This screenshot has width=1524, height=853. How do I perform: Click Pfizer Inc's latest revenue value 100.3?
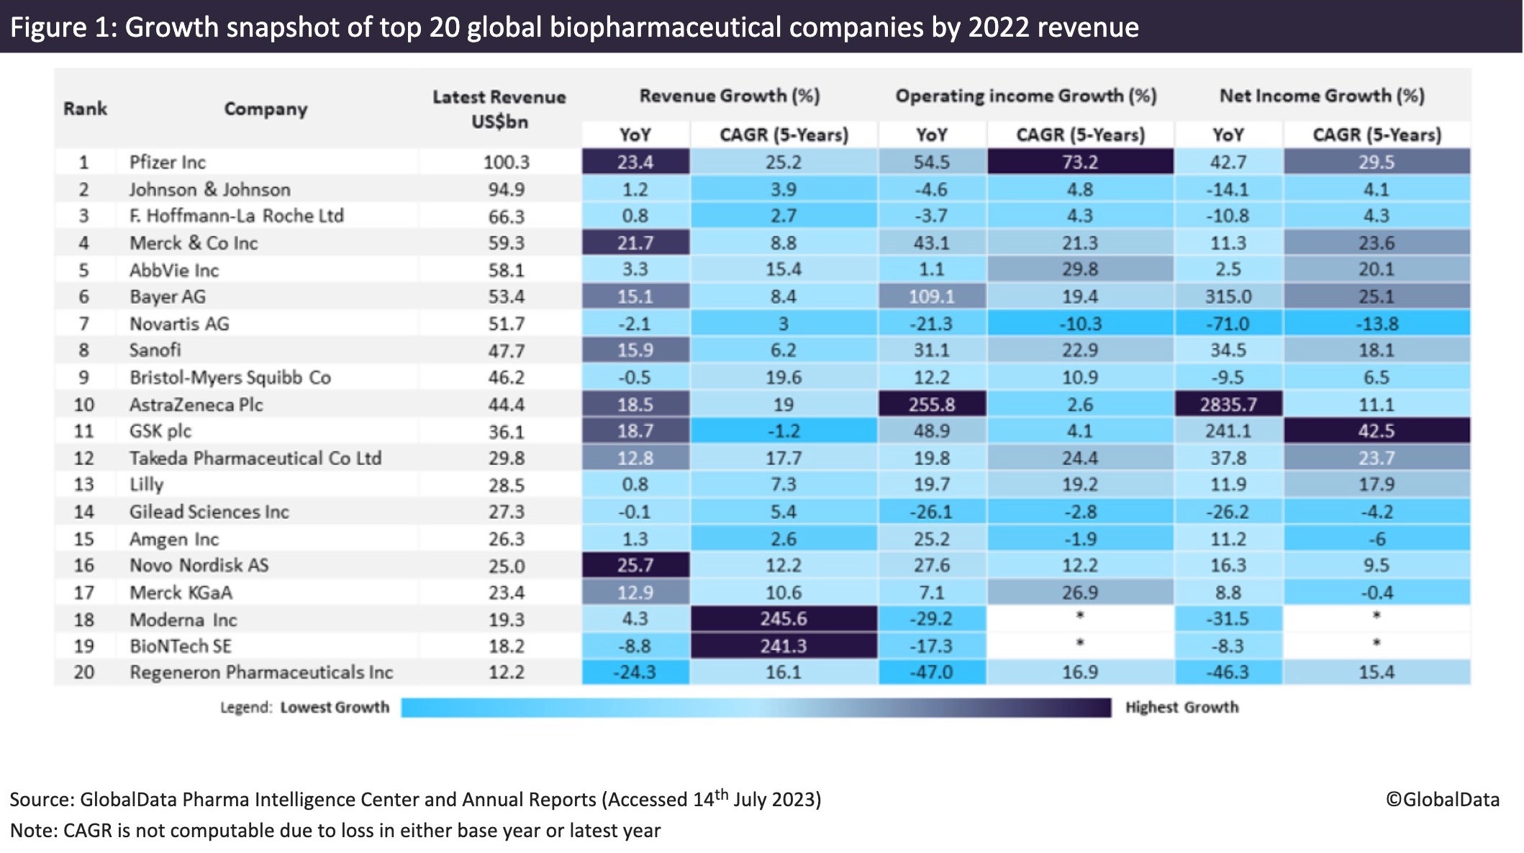coord(506,162)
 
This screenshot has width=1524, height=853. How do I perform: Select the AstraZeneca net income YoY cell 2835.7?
coord(1228,404)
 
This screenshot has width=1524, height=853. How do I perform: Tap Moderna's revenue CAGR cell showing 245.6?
coord(783,618)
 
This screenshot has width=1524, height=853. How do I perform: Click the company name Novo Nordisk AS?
coord(199,565)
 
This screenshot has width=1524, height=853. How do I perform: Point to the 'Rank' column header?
coord(85,109)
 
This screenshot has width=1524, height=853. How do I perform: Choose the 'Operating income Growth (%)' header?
coord(1025,96)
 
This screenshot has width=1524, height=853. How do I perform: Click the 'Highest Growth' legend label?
coord(1181,708)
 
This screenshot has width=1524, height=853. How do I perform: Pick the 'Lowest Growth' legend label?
coord(335,708)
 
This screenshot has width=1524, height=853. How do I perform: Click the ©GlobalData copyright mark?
coord(1442,800)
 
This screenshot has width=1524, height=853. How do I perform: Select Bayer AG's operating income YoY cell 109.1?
coord(931,297)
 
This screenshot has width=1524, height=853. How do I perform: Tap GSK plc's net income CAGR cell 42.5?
coord(1376,431)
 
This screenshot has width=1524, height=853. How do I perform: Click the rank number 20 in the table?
coord(84,672)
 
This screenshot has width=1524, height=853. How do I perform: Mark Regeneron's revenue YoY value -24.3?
coord(635,672)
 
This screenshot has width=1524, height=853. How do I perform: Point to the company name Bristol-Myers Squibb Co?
coord(230,377)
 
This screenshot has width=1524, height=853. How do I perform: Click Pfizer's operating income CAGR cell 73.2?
coord(1079,162)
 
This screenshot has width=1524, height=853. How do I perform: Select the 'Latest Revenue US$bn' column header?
coord(499,109)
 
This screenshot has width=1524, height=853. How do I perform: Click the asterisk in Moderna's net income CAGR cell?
coord(1376,615)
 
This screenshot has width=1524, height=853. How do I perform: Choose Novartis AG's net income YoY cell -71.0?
coord(1228,323)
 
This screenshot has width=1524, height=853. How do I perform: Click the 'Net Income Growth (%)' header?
coord(1321,96)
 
